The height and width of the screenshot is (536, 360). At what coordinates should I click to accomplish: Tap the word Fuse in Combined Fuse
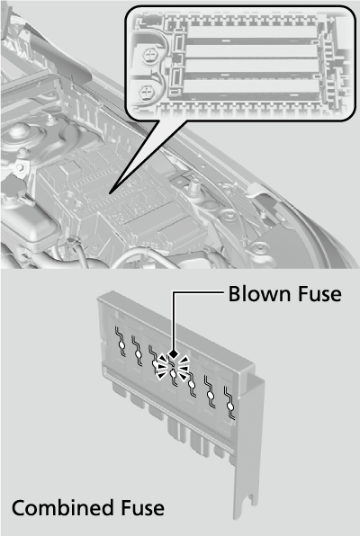click(140, 508)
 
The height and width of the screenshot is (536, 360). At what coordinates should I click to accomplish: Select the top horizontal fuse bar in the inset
click(253, 40)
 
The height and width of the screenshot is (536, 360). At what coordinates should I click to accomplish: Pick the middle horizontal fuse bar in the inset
click(253, 65)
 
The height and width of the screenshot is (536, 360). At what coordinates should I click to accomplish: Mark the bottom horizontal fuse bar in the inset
click(253, 88)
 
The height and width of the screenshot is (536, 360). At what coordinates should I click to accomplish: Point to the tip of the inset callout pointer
click(111, 191)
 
